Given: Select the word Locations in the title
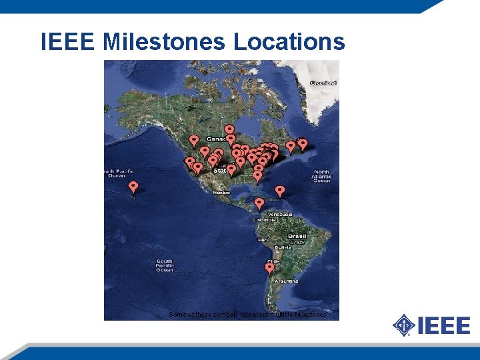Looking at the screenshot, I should [x=289, y=42].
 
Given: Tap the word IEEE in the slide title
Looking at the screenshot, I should [x=69, y=42].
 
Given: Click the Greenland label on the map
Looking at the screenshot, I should [x=323, y=83].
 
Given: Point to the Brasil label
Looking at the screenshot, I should [x=297, y=237].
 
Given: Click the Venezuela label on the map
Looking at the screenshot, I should [x=280, y=214].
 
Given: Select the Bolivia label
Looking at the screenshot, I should [x=285, y=247].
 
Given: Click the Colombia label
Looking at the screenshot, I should [x=264, y=219].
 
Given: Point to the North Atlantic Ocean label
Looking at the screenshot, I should [x=322, y=176].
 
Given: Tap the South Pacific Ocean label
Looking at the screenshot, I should [x=165, y=265].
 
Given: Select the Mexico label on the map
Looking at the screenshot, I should [x=221, y=193].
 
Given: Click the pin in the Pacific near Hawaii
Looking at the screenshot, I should [x=133, y=187].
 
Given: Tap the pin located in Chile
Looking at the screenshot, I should [x=269, y=268].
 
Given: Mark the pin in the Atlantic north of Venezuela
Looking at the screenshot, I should [x=280, y=191].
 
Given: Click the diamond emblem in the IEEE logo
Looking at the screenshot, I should [x=403, y=326].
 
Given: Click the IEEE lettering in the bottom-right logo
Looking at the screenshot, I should [x=444, y=326].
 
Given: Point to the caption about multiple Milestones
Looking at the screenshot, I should [x=248, y=314].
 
